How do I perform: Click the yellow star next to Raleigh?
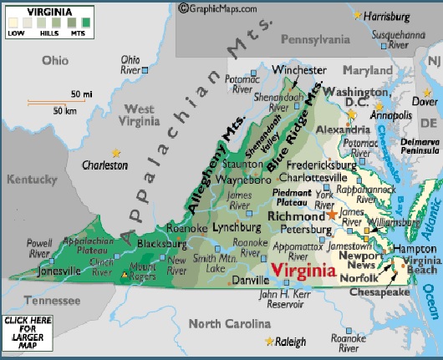click(x=268, y=342)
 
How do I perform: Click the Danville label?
click(x=252, y=281)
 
